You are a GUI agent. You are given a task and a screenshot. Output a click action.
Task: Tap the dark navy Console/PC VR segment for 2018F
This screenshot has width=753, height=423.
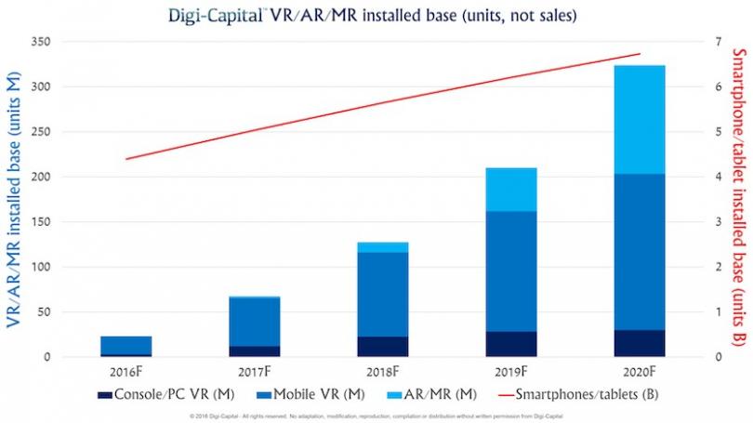382,346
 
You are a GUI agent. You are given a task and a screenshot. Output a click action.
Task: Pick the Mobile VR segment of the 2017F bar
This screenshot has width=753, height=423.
255,321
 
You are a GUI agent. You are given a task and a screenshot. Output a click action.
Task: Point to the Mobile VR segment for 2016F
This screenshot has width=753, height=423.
126,345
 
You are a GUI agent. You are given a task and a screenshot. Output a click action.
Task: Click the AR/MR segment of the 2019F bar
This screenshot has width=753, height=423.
511,190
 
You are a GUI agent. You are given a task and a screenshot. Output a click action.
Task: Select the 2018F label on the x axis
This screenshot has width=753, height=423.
382,370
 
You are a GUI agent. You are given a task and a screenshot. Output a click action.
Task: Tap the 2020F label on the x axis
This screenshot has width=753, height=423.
639,370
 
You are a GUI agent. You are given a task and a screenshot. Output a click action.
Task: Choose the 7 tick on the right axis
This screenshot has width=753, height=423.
717,42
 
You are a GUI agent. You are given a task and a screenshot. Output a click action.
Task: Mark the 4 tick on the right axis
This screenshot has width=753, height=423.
717,177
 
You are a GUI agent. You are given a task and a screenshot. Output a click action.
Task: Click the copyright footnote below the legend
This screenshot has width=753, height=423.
376,413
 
